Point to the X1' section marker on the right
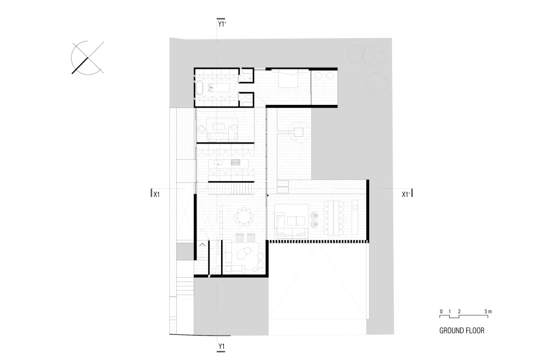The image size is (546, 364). [x=406, y=194]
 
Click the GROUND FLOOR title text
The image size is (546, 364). [x=462, y=331]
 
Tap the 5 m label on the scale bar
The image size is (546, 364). [x=488, y=312]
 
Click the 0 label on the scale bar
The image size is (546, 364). [x=441, y=312]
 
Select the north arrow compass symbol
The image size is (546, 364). [x=87, y=58]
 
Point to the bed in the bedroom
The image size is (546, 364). [x=288, y=80]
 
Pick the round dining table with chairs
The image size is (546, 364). [x=244, y=217]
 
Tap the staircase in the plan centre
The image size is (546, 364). [x=231, y=189]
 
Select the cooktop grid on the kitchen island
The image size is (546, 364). [x=236, y=163]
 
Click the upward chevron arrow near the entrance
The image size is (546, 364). [x=203, y=245]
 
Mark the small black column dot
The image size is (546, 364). [x=268, y=195]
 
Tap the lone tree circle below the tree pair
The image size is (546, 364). [x=377, y=83]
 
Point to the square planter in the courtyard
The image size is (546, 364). [x=298, y=132]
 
